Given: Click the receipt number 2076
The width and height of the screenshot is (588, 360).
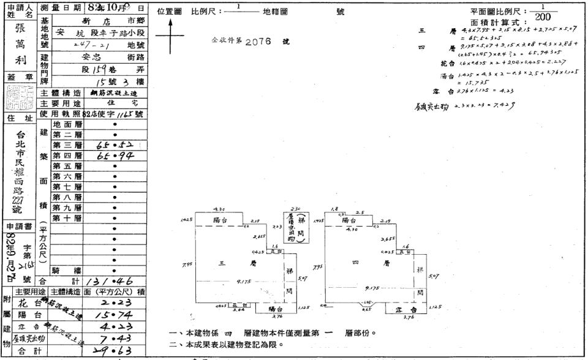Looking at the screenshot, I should (x=260, y=43).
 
